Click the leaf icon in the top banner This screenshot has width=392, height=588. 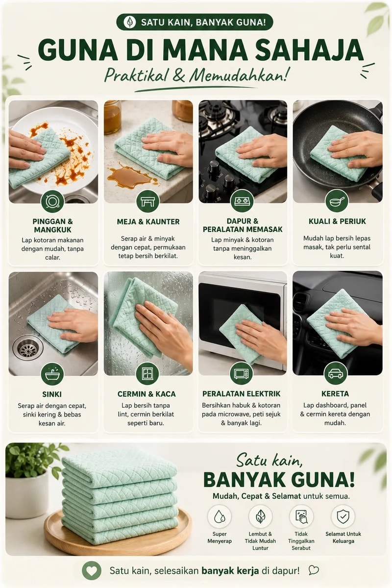click(130, 22)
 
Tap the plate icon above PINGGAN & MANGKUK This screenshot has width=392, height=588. click(52, 201)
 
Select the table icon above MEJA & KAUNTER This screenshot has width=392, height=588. click(148, 201)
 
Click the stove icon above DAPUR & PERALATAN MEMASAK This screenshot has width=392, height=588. click(242, 201)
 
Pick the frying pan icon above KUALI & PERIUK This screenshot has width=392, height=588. click(337, 201)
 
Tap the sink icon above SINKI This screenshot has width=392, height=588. click(52, 374)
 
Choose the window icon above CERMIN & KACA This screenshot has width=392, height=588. click(147, 374)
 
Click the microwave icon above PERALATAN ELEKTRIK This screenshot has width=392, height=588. click(241, 373)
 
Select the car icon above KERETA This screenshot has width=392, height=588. click(336, 373)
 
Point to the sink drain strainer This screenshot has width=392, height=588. click(28, 348)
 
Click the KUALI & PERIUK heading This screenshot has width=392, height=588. click(337, 221)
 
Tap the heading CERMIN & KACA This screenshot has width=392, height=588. click(147, 394)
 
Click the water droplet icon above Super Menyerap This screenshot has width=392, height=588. click(219, 516)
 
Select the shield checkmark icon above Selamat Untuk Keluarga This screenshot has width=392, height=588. click(343, 516)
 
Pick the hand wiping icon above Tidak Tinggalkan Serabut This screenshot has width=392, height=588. click(301, 516)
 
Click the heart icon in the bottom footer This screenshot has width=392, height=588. click(91, 571)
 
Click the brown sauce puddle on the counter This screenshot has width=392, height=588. click(130, 177)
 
